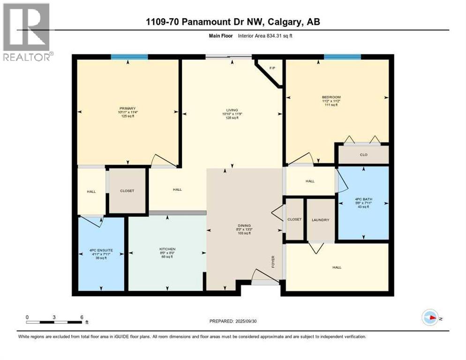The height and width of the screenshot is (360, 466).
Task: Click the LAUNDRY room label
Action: coord(321,220)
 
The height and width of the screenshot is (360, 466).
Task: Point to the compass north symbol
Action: coord(430,318)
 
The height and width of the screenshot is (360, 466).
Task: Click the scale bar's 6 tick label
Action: coord(82,317)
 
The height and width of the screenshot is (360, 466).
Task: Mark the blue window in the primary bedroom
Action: coord(129,57)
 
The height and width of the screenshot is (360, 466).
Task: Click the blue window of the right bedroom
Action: coord(342,57)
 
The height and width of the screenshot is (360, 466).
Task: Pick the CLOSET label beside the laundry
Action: coord(294,219)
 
